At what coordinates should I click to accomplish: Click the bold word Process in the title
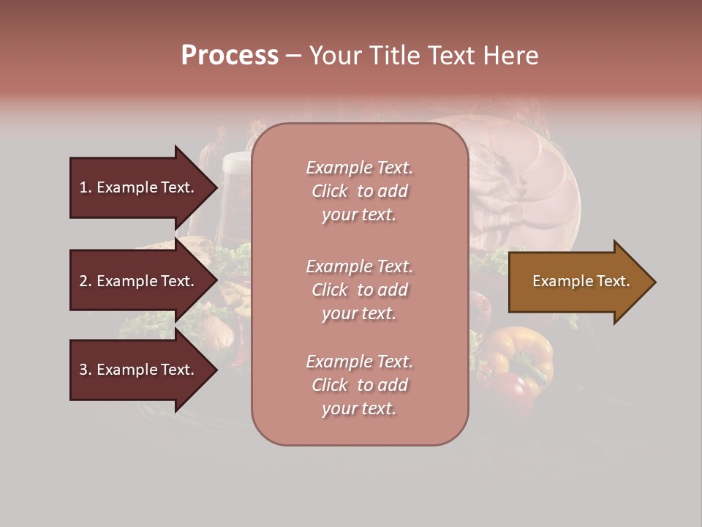coord(230,56)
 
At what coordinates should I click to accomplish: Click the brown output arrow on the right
coord(578,282)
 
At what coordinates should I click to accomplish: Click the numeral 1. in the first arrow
coord(86,187)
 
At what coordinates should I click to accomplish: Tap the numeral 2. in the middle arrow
coord(86,281)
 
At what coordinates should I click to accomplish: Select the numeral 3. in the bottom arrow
coord(86,370)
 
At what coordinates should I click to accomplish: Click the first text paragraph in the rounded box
coord(359,191)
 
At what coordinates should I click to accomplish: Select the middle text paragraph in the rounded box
coord(359,290)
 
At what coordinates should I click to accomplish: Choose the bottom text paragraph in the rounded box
coord(359,385)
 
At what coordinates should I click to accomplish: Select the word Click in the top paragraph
coord(330,191)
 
